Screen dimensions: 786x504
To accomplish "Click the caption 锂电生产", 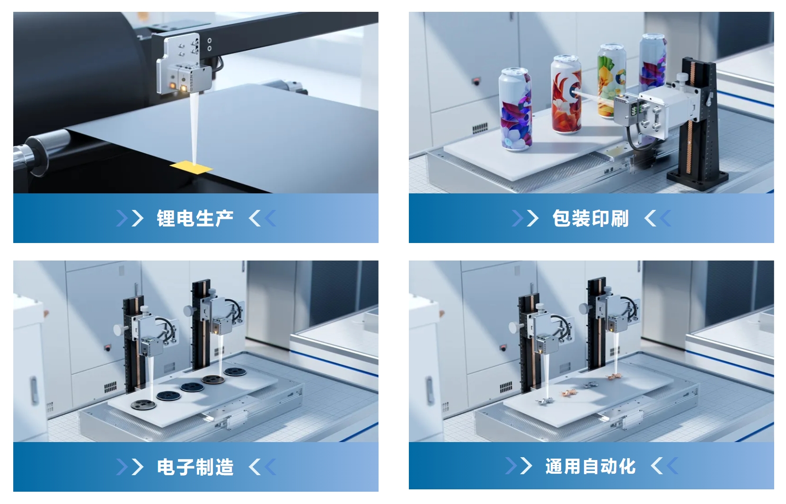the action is (195, 218).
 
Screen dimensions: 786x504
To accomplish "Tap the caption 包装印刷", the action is (591, 218).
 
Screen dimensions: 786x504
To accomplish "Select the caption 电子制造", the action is (195, 467).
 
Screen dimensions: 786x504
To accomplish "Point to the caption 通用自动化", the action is (591, 467).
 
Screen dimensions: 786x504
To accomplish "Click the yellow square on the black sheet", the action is (191, 167).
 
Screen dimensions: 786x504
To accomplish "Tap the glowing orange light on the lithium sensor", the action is (173, 85).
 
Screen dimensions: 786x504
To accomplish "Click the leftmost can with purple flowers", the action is (516, 109).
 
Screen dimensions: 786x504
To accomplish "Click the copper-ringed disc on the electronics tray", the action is (213, 380).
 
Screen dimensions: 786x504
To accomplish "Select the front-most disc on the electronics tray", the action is (143, 405).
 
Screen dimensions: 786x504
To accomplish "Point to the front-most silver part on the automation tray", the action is (544, 402).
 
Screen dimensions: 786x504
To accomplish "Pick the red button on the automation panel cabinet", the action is (503, 348).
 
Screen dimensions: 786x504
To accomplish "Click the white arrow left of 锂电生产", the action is (138, 218).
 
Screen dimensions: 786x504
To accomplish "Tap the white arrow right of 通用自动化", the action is (657, 467).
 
